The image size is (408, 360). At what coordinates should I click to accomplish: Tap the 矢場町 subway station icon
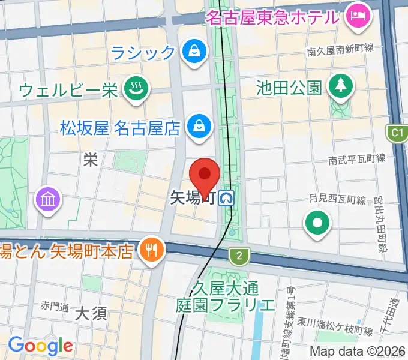point(227,198)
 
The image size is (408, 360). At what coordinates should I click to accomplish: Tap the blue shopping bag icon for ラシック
point(194,52)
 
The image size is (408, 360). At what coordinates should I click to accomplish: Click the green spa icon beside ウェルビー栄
point(133,91)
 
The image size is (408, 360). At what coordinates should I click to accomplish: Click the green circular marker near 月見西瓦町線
point(317,224)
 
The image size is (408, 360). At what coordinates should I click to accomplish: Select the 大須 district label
point(91,313)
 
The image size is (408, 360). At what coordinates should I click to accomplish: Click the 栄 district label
point(91,160)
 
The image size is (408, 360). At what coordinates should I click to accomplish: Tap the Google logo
point(40,346)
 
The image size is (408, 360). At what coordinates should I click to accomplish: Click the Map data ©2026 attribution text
point(358,352)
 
